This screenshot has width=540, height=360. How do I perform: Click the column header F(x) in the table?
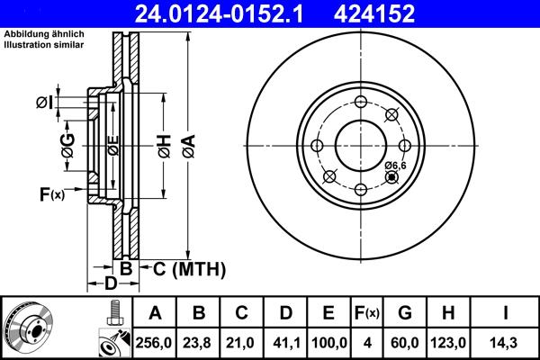coord(366,313)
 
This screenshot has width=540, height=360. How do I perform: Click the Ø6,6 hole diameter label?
coord(396,166)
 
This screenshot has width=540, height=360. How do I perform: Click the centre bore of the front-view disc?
coord(361,145)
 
